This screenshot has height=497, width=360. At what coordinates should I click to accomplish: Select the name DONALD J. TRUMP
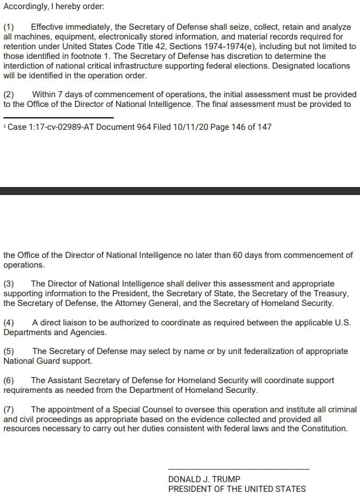point(204,479)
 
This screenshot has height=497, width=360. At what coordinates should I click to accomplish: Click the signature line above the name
point(239,469)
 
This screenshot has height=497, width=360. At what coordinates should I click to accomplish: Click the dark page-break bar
point(180,191)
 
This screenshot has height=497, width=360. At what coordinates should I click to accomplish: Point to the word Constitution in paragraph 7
point(321,428)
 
